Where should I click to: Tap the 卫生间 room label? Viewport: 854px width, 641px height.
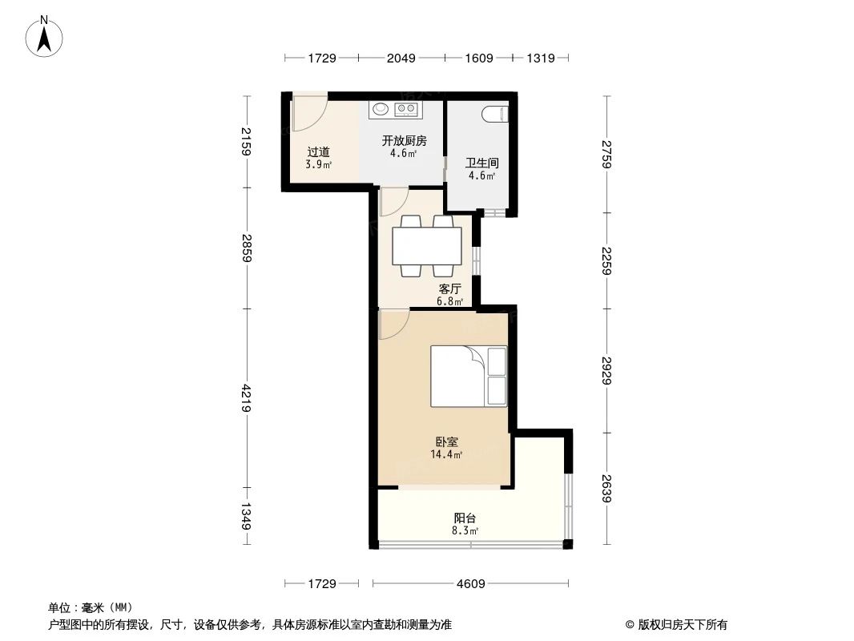click(x=481, y=163)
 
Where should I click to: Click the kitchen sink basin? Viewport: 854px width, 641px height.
click(x=380, y=108)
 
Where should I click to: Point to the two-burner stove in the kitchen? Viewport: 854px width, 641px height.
click(x=407, y=108)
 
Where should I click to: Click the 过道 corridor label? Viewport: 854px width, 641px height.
click(x=318, y=151)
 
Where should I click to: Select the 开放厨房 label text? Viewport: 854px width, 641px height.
click(x=403, y=141)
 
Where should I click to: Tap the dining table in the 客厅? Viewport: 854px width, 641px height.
click(x=426, y=246)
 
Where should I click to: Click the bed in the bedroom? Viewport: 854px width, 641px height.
click(x=469, y=377)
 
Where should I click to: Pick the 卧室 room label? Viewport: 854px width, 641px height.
click(x=446, y=441)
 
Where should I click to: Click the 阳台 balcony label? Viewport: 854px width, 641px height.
click(x=465, y=518)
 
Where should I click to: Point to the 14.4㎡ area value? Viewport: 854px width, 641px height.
click(x=446, y=454)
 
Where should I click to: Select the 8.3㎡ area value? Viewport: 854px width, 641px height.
click(x=465, y=530)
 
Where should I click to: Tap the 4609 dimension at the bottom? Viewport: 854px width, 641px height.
click(x=470, y=584)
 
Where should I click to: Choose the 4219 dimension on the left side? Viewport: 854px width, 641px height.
click(x=248, y=397)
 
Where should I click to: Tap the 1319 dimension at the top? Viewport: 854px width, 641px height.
click(x=542, y=58)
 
